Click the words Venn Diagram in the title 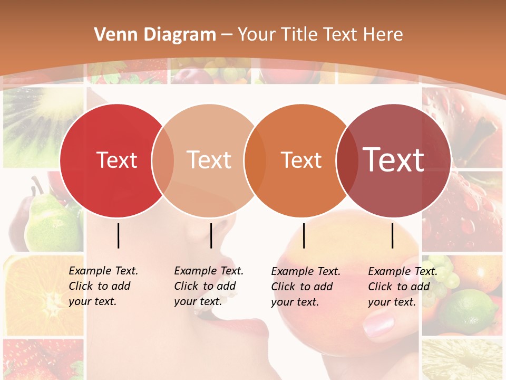pos(155,35)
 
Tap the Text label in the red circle pos(116,160)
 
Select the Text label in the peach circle pos(209,160)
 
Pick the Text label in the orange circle pos(301,160)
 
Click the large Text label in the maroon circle pos(394,159)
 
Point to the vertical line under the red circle pos(118,235)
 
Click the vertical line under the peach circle pos(211,235)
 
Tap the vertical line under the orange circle pos(304,235)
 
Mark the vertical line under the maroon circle pos(392,235)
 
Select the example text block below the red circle pos(103,286)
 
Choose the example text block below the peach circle pos(209,286)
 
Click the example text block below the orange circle pos(306,287)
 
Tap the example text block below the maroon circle pos(403,287)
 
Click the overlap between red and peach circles pos(163,161)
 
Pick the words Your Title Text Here pos(320,35)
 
